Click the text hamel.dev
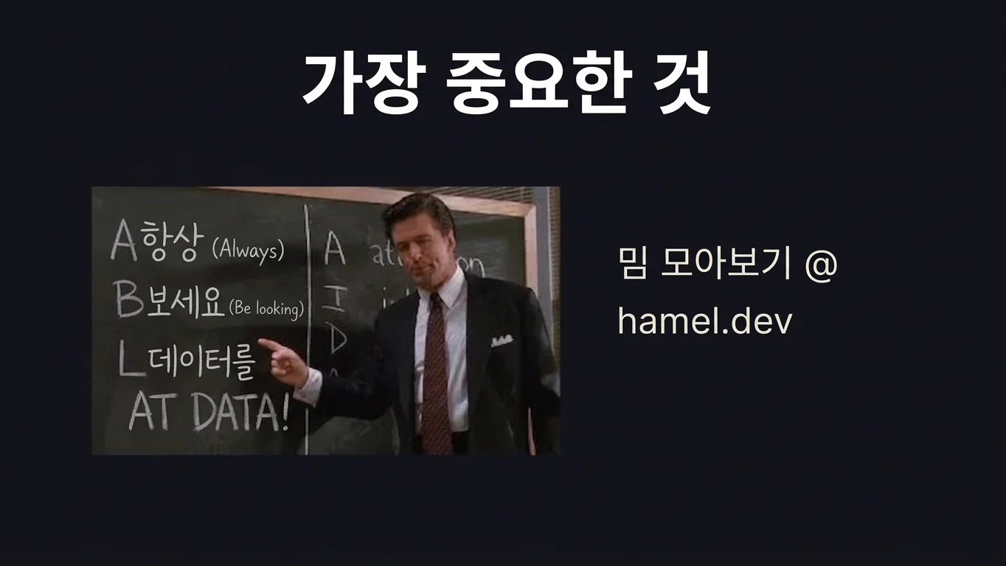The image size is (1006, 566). [x=704, y=321]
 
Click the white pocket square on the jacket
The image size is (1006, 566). [x=502, y=340]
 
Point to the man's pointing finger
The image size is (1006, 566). [x=267, y=344]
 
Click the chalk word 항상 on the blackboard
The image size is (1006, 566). [x=170, y=245]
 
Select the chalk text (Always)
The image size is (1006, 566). [x=248, y=250]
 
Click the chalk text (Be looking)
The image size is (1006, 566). [x=266, y=309]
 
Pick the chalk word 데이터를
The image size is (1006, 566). [x=201, y=362]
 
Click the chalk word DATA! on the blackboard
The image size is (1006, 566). [x=240, y=413]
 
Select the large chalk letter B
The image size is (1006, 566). [x=128, y=300]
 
